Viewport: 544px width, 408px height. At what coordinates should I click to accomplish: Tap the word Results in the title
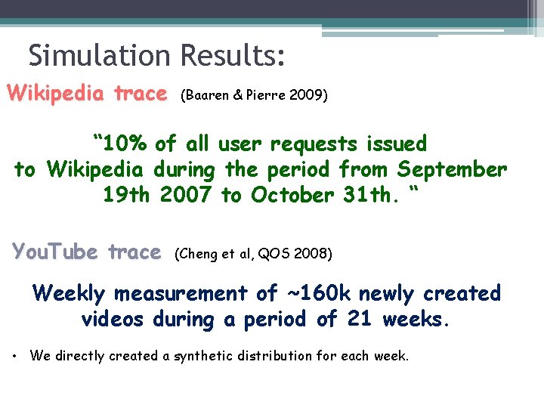233,55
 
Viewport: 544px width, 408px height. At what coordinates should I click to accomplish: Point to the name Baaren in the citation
206,96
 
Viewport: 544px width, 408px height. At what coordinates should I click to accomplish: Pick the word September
452,169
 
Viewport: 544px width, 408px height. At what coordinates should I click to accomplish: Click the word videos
112,319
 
